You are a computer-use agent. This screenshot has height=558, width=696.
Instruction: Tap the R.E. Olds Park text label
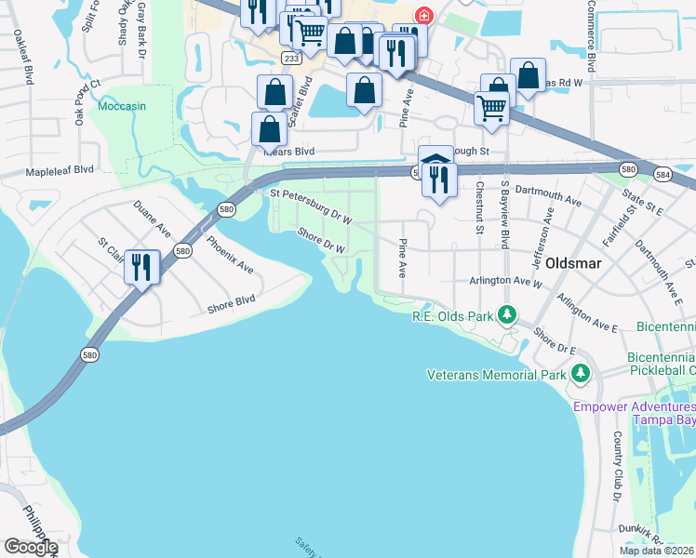pos(452,316)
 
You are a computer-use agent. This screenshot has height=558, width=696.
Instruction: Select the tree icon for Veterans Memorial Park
pos(581,373)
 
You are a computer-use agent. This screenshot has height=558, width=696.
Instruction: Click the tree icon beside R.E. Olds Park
pos(506,315)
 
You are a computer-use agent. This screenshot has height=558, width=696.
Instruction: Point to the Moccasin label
pos(122,106)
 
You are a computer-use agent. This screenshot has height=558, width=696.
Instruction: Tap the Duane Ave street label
pos(152,218)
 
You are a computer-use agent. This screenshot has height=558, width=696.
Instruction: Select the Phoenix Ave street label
pos(229,254)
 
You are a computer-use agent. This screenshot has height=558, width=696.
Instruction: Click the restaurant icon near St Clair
pos(141,268)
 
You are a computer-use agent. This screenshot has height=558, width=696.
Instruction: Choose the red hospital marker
pos(424,16)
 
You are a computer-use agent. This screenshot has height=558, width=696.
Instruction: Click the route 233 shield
pos(291,58)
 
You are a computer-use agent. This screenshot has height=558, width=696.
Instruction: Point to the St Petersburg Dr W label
pos(310,208)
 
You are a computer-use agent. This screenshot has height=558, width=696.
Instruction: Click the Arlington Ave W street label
pos(507,281)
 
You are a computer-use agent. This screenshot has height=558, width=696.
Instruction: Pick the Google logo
pos(31,547)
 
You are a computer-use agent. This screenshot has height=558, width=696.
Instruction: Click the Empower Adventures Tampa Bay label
pos(635,413)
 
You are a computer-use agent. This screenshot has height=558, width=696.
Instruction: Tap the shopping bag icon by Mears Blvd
pos(269,128)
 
